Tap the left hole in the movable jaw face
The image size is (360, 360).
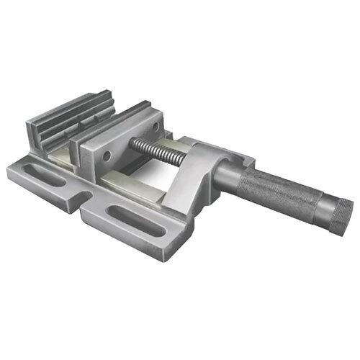click(107, 154)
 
